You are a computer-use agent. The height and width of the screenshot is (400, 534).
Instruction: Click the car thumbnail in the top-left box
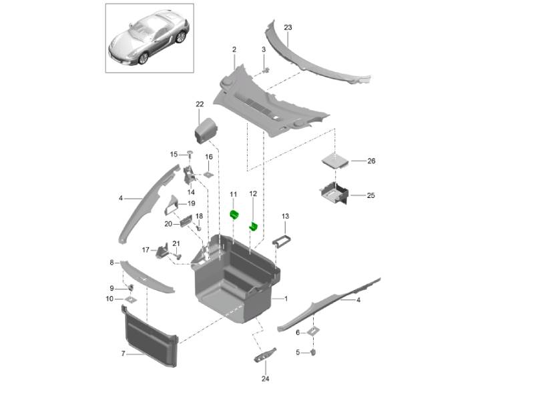[x=149, y=40]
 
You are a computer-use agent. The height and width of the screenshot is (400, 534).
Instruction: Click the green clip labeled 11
[x=234, y=214]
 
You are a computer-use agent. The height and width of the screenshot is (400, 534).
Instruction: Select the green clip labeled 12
[x=254, y=227]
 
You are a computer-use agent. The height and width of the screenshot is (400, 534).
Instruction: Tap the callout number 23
[x=288, y=27]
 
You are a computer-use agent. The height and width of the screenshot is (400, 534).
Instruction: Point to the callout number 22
[x=200, y=104]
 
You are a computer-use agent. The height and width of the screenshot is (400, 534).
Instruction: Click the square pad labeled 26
[x=335, y=161]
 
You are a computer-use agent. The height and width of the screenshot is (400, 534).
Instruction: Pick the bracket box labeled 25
[x=334, y=194]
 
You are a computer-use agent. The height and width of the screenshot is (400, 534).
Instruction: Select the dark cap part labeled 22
[x=207, y=128]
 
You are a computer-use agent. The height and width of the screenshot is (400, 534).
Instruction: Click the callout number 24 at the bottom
[x=265, y=380]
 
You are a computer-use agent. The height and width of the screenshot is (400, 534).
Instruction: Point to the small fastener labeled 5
[x=314, y=351]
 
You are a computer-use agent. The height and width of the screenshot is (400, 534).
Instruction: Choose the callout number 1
[x=286, y=299]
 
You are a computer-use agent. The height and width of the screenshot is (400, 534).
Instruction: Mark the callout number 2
[x=234, y=50]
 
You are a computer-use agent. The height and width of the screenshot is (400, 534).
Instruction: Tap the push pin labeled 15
[x=190, y=155]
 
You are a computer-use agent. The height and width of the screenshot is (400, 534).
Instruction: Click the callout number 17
[x=146, y=250]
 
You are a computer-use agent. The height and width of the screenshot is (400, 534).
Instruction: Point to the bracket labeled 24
[x=265, y=355]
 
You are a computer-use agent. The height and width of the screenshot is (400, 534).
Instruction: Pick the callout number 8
[x=111, y=263]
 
